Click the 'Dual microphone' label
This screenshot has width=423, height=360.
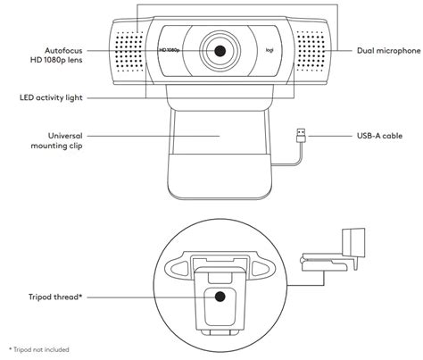(389, 51)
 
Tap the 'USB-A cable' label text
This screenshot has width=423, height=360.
(379, 136)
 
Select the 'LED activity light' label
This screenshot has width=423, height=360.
(51, 97)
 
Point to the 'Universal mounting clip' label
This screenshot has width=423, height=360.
(56, 141)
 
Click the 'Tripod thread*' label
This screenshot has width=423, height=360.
(55, 297)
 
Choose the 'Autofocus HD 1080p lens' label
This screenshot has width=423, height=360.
(56, 55)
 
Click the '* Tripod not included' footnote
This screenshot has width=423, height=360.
(39, 349)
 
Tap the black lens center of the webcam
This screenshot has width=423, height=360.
(220, 51)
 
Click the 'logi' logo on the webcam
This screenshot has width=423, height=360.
(270, 50)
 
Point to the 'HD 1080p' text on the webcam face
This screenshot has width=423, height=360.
(170, 50)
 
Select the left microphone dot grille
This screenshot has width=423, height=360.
(129, 51)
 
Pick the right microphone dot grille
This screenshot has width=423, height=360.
(311, 51)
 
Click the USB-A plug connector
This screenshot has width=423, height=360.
(301, 136)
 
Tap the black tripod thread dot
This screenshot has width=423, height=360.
(220, 297)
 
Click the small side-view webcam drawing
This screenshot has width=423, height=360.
(334, 249)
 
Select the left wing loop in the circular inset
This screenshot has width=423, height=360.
(177, 267)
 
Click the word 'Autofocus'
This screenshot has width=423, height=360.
(63, 50)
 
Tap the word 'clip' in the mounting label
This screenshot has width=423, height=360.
(76, 146)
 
